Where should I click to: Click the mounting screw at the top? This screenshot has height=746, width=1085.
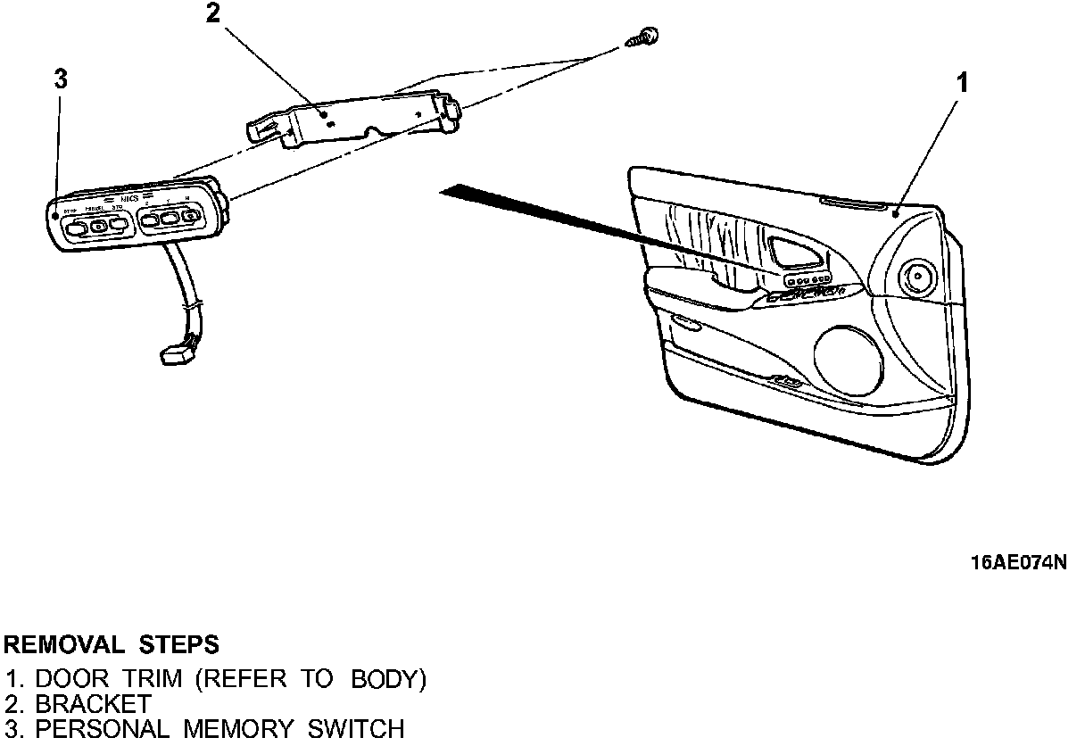(648, 36)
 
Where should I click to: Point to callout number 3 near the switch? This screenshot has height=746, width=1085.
(60, 79)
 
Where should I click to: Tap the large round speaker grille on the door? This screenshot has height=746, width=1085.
(849, 357)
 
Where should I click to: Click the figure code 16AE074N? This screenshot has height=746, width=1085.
(1019, 563)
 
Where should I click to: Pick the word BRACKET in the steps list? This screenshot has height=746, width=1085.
(93, 704)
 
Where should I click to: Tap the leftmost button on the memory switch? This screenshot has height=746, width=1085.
(76, 228)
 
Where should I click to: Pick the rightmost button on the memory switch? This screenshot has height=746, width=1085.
(189, 215)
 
